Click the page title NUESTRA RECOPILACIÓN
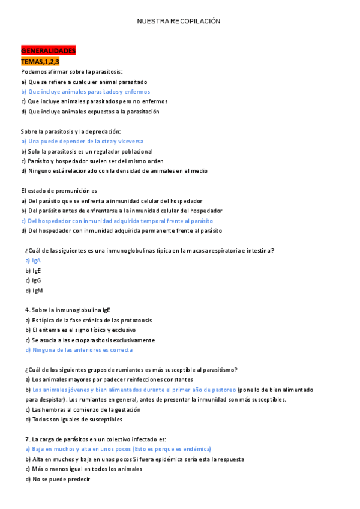179,21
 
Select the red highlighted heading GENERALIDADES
48,50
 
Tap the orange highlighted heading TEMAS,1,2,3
40,61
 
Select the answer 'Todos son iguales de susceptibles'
76,420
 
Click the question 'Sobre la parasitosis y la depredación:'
71,131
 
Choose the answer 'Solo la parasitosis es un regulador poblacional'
86,151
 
